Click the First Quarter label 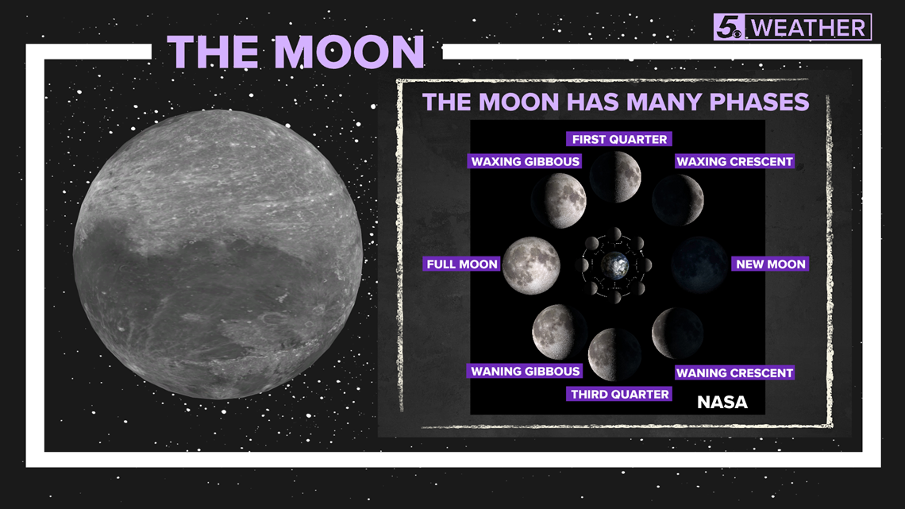click(x=618, y=139)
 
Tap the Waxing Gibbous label click(x=525, y=161)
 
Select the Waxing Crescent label click(x=735, y=161)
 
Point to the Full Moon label click(x=462, y=264)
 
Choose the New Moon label click(x=771, y=264)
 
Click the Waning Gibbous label click(x=525, y=371)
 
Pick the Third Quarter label click(x=619, y=394)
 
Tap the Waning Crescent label click(x=735, y=372)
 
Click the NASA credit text click(x=722, y=403)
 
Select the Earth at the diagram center click(x=615, y=265)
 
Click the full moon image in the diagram click(x=531, y=265)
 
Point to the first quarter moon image click(x=615, y=177)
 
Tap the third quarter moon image click(x=614, y=355)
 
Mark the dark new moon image click(x=699, y=265)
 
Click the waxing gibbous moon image click(x=559, y=201)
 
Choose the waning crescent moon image click(x=678, y=333)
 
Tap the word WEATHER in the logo click(x=808, y=28)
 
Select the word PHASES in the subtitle click(x=759, y=102)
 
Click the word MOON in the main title click(x=349, y=52)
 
